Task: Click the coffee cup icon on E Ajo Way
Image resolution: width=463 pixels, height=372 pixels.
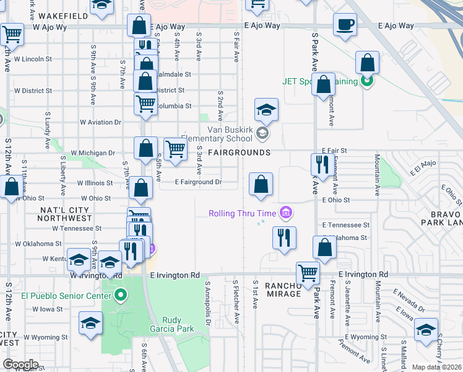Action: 345,25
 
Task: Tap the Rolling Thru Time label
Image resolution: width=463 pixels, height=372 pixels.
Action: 242,214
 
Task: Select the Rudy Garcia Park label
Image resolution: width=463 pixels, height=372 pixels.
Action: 172,324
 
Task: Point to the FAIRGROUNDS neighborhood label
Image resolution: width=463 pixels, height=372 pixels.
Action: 239,153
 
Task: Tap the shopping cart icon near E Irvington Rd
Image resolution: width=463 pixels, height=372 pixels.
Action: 308,273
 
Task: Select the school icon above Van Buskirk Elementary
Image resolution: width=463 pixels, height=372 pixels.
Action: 266,110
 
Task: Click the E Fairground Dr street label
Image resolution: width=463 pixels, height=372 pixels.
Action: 198,183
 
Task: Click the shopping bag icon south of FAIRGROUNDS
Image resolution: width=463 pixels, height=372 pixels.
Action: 261,184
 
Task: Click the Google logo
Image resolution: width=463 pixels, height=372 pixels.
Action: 20,364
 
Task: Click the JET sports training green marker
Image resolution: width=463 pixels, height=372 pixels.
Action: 367,81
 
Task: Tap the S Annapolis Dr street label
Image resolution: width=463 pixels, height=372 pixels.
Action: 208,303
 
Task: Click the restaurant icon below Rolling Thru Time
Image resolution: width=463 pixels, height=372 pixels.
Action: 283,237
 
